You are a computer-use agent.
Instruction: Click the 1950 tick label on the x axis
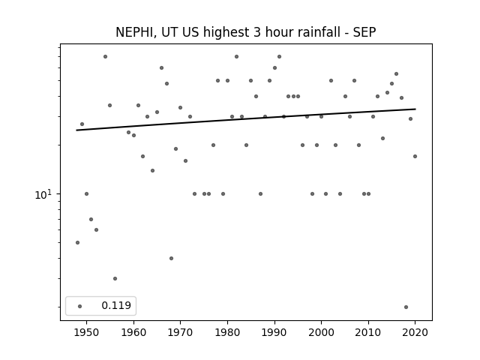pos(87,332)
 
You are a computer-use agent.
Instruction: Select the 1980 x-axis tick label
pos(227,332)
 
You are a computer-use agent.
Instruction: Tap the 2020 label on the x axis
pos(415,332)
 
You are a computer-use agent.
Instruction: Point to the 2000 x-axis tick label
pos(321,332)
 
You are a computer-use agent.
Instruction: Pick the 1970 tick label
pos(180,332)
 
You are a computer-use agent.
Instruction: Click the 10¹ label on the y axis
pos(43,194)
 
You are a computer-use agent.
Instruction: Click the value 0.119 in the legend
pos(116,305)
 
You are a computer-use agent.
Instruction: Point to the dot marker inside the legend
pos(80,306)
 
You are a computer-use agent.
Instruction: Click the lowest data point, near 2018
pos(406,307)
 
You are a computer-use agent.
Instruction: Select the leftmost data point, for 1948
pos(77,242)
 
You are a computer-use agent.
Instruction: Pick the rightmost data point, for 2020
pos(415,157)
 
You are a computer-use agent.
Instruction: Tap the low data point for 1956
pos(115,278)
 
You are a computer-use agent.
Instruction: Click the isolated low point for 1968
pos(172,258)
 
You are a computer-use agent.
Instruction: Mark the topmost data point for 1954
pos(105,57)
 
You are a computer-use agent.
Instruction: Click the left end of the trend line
pos(76,130)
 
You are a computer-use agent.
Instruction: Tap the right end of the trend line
pos(415,109)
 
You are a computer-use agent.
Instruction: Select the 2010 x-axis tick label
pos(368,332)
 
